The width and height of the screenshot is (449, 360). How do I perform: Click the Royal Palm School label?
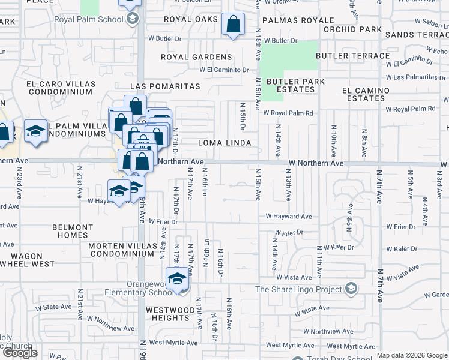pos(97,19)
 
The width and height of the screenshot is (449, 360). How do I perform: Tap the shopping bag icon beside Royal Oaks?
pos(233,26)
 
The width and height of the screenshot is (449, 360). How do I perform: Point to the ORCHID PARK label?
pos(352,29)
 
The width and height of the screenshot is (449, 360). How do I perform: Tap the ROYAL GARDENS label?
pos(196,57)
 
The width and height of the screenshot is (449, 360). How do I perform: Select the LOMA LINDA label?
pos(224,143)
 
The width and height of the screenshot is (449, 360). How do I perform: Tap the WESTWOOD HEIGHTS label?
pos(170,314)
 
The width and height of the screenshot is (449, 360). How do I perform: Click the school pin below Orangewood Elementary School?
pos(177,280)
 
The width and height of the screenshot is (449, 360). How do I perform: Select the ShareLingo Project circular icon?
pos(351,289)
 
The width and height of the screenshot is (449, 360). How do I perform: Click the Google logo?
pos(20,353)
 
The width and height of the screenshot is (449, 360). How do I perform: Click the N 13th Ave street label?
pos(289,188)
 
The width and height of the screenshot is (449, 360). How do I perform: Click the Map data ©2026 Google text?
pos(411,355)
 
